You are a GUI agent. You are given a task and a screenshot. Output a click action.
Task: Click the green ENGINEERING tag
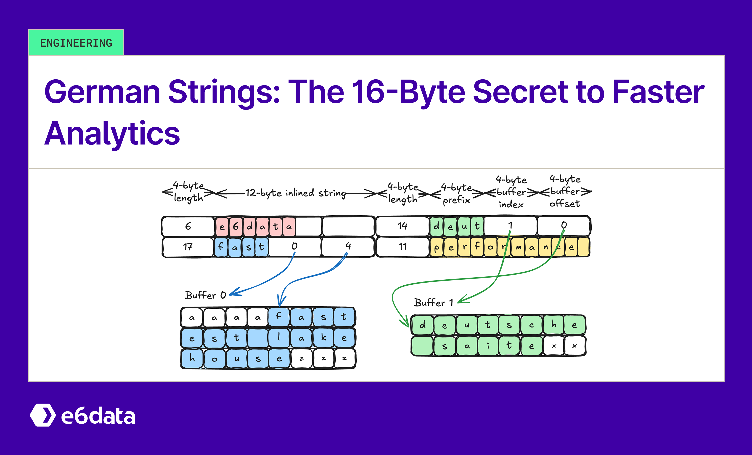coord(76,43)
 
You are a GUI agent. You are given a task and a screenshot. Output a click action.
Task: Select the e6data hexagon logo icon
coord(43,415)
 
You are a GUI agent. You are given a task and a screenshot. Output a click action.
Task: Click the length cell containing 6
coord(188,226)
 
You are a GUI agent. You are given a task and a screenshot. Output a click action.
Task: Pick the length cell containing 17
coord(188,247)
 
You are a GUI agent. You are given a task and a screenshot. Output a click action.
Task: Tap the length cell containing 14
coord(402,226)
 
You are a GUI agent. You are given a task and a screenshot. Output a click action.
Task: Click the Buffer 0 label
coord(205,295)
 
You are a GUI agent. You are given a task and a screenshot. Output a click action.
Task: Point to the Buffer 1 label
coord(433,302)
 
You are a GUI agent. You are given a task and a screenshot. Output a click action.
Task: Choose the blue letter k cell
coord(323,338)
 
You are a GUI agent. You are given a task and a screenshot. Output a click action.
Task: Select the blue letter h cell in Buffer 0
coord(192,358)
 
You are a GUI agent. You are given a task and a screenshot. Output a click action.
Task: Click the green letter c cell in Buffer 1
coord(531,325)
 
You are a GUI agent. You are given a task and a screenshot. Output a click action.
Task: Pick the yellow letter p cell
coord(437,247)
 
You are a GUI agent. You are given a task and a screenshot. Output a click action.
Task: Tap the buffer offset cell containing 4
coord(348,246)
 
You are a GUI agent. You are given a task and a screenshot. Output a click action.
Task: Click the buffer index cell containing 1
coord(510,225)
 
